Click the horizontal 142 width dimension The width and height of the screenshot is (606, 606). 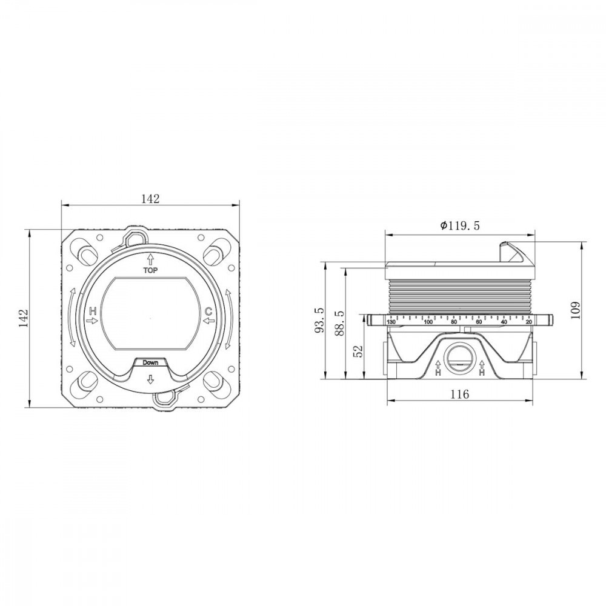[150, 199]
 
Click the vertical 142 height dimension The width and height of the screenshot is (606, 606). [24, 318]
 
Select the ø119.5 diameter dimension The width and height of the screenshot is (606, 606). [460, 225]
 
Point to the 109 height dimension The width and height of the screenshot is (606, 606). [576, 310]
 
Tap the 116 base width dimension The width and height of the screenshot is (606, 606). [460, 395]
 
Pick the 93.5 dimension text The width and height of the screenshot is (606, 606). [320, 320]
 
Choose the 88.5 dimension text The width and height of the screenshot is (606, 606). [340, 323]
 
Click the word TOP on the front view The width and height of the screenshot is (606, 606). [150, 270]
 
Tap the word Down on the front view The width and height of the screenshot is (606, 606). [150, 362]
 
